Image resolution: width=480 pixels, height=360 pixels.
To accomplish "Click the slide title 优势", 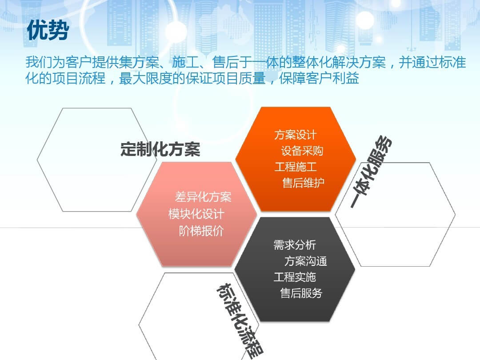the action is pos(48,30).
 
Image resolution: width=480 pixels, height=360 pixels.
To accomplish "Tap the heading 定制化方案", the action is pos(160,149).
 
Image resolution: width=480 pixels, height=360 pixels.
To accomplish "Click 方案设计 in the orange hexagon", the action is pos(296,135).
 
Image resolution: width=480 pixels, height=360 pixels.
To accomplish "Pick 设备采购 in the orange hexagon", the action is pos(302,151).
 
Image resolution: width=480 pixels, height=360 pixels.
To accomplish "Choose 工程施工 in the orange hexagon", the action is pos(296,167).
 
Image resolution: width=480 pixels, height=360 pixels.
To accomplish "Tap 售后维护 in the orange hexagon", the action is pos(303,183).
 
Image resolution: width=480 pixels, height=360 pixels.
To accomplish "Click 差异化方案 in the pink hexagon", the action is pos(203,197).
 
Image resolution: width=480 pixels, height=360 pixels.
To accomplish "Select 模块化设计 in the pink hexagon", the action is pos(196,214).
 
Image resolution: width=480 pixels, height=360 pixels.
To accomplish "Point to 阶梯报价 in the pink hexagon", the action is pos(201,231).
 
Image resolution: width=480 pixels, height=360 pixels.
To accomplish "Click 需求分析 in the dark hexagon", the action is pos(295,245).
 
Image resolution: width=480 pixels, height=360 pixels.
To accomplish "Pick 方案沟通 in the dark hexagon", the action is pos(305,261).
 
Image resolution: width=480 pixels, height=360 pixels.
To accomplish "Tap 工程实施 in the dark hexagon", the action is pos(295,277).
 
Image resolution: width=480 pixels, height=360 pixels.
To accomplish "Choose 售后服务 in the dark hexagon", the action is pos(301,293).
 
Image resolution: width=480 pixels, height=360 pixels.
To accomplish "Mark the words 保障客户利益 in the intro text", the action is pos(319,78).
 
